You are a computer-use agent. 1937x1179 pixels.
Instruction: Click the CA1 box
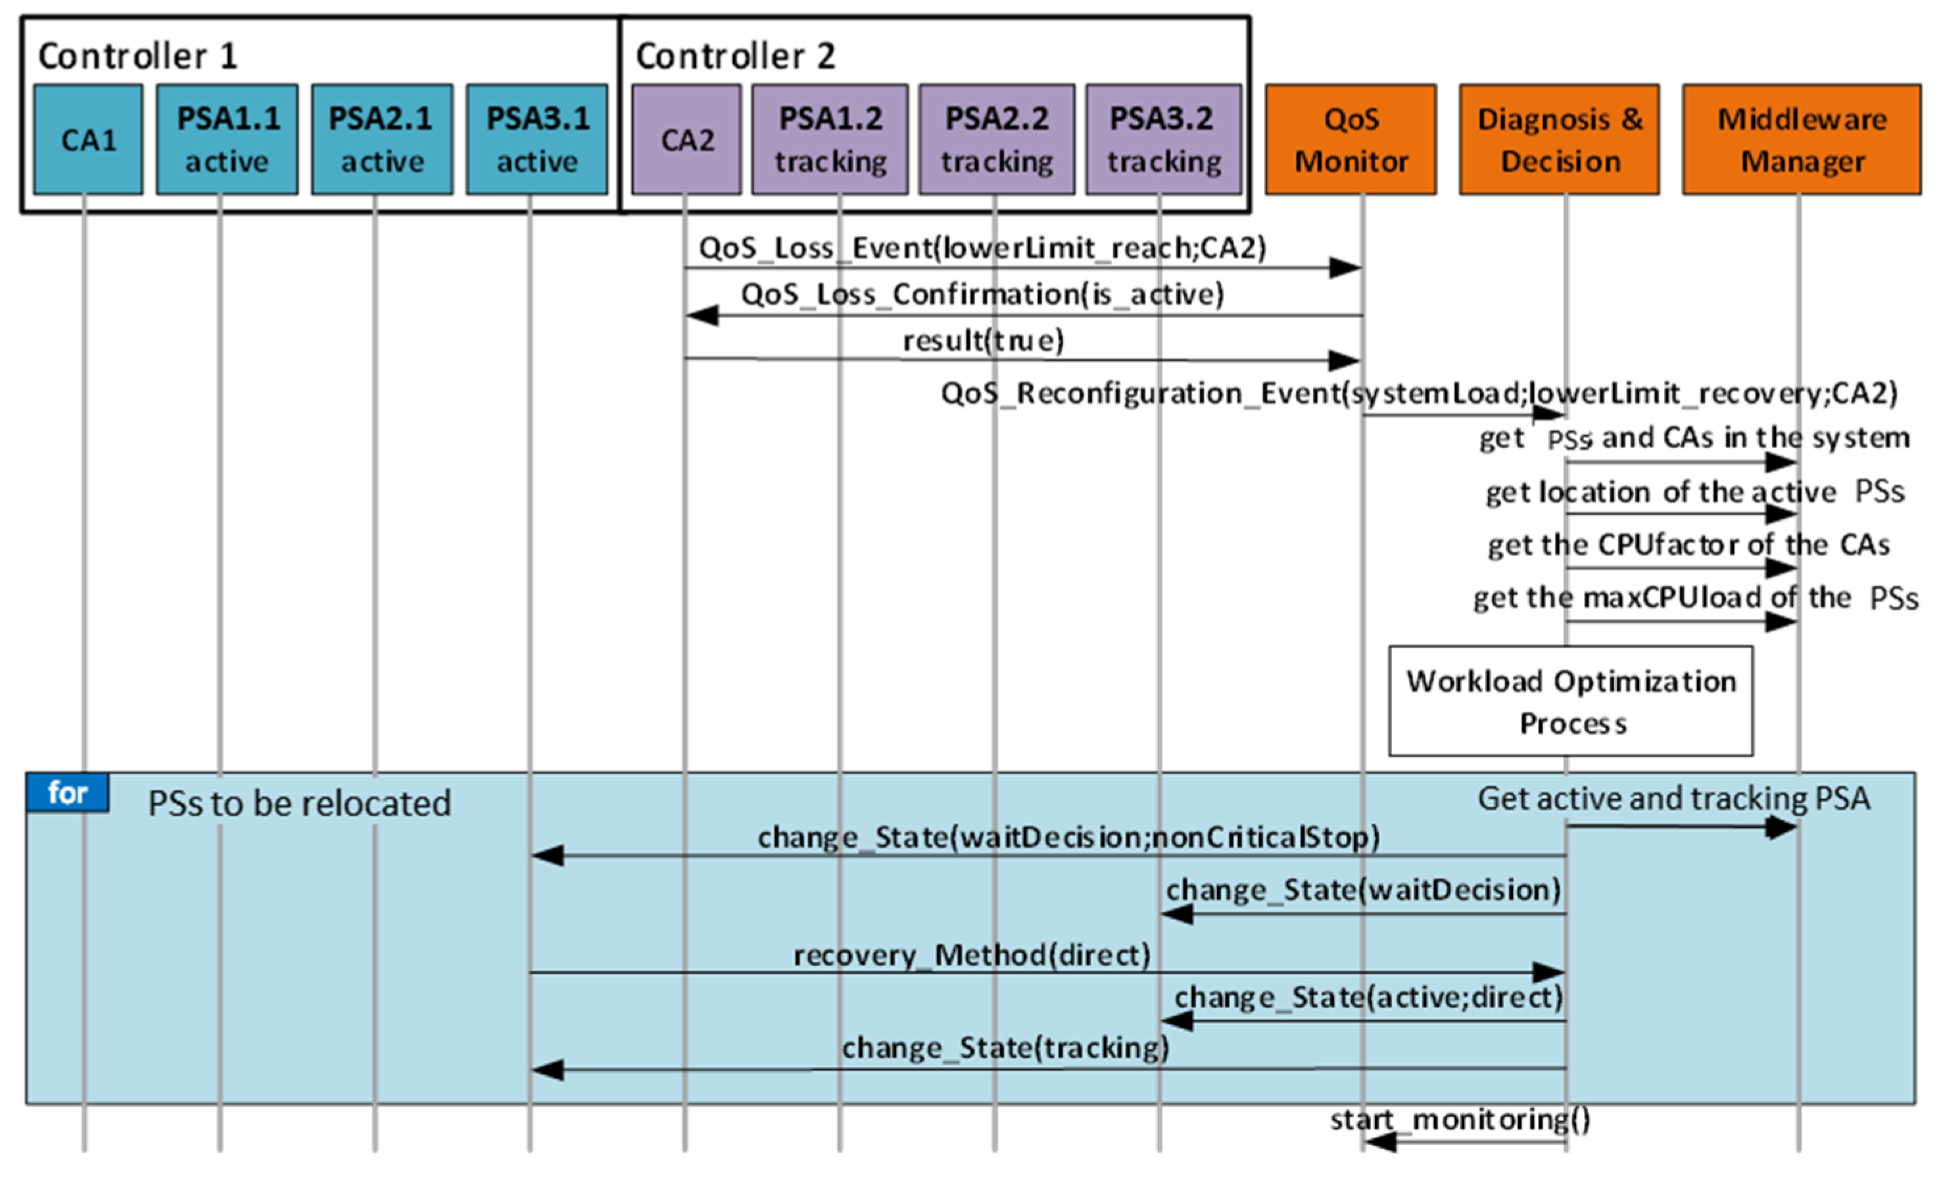pyautogui.click(x=88, y=140)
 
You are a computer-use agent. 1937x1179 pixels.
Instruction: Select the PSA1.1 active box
pyautogui.click(x=227, y=140)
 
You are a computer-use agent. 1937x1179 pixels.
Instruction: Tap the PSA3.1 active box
pyautogui.click(x=537, y=140)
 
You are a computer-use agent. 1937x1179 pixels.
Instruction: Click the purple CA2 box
pyautogui.click(x=686, y=140)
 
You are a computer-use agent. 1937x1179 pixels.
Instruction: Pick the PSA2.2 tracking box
pyautogui.click(x=997, y=140)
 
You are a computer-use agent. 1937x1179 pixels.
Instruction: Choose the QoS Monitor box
pyautogui.click(x=1351, y=140)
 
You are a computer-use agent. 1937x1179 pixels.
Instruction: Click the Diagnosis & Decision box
pyautogui.click(x=1560, y=140)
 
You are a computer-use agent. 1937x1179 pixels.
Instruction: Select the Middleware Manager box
pyautogui.click(x=1802, y=140)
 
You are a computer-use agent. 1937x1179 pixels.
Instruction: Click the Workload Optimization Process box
pyautogui.click(x=1571, y=701)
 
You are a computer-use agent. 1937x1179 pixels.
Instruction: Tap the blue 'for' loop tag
pyautogui.click(x=68, y=793)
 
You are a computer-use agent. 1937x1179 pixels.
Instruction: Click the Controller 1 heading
pyautogui.click(x=137, y=57)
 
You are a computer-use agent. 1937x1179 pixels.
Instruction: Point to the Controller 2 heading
pyautogui.click(x=735, y=57)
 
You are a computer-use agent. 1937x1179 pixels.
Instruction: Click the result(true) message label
pyautogui.click(x=983, y=341)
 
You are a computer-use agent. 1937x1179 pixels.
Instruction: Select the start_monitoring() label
pyautogui.click(x=1460, y=1119)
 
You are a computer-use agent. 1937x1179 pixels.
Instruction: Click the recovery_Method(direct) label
pyautogui.click(x=972, y=956)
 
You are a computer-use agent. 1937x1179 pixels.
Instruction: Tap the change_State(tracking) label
pyautogui.click(x=1005, y=1048)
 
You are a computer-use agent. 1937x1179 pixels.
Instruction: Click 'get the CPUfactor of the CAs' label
pyautogui.click(x=1688, y=545)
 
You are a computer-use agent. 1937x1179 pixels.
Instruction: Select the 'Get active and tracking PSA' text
pyautogui.click(x=1673, y=799)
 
